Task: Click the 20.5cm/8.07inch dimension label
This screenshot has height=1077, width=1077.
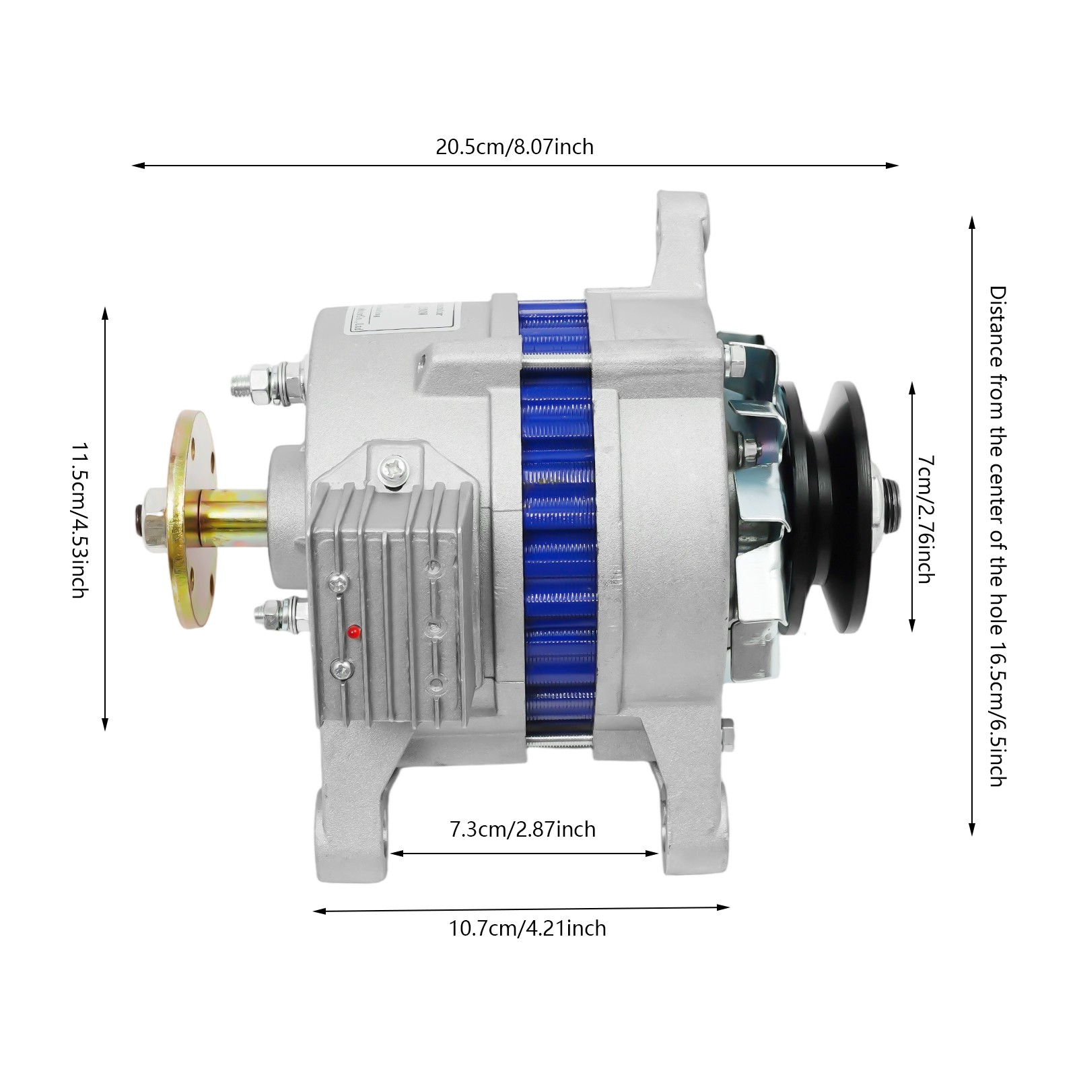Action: tap(515, 147)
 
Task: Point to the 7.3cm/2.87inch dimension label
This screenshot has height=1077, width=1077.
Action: tap(522, 829)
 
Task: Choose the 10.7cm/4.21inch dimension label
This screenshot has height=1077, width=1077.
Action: tap(527, 929)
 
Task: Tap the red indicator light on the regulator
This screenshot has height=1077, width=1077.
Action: tap(353, 632)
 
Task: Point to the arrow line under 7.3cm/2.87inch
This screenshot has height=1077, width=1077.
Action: tap(524, 853)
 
